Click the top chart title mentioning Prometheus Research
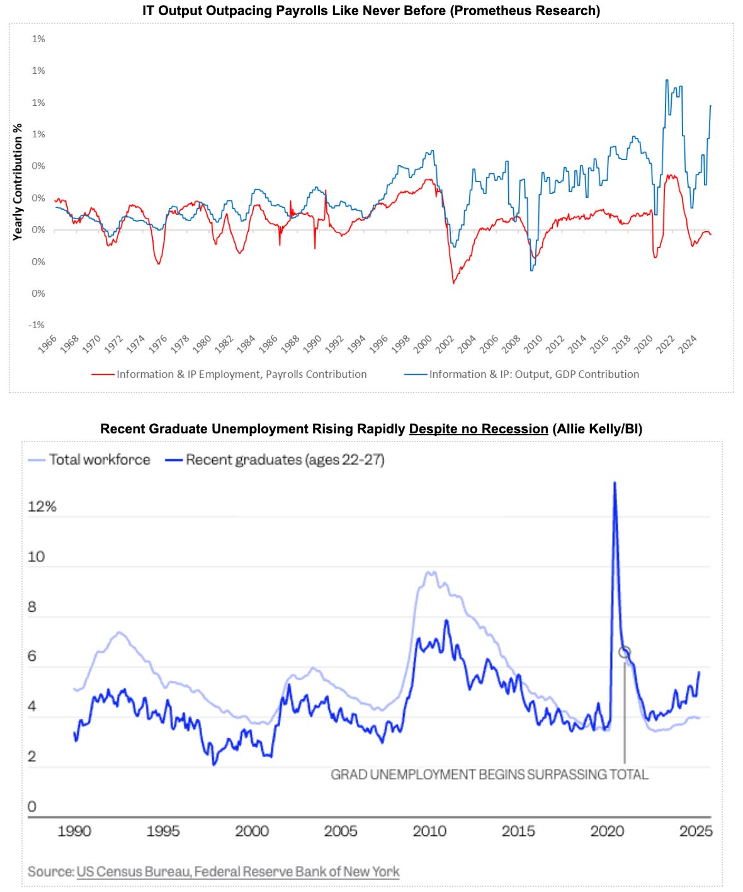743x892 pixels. (x=371, y=11)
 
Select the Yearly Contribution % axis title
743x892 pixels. (x=18, y=181)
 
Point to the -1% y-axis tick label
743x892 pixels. (x=37, y=325)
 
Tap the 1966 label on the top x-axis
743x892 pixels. (x=47, y=345)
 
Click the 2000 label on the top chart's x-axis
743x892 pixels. (x=423, y=345)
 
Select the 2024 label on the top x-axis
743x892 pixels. (x=688, y=345)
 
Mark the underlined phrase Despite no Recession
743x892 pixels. (x=479, y=429)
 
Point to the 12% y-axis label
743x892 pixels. (x=42, y=506)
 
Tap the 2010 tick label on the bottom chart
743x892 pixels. (x=429, y=832)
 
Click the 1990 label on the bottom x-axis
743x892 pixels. (x=74, y=832)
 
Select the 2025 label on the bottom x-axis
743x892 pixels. (x=696, y=832)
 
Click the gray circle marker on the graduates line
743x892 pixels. (x=624, y=653)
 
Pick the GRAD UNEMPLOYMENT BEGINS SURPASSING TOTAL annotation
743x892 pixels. (x=489, y=775)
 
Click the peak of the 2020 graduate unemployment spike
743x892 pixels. (x=615, y=483)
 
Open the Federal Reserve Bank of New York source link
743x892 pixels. (x=297, y=872)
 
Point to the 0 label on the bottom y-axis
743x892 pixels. (x=32, y=806)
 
